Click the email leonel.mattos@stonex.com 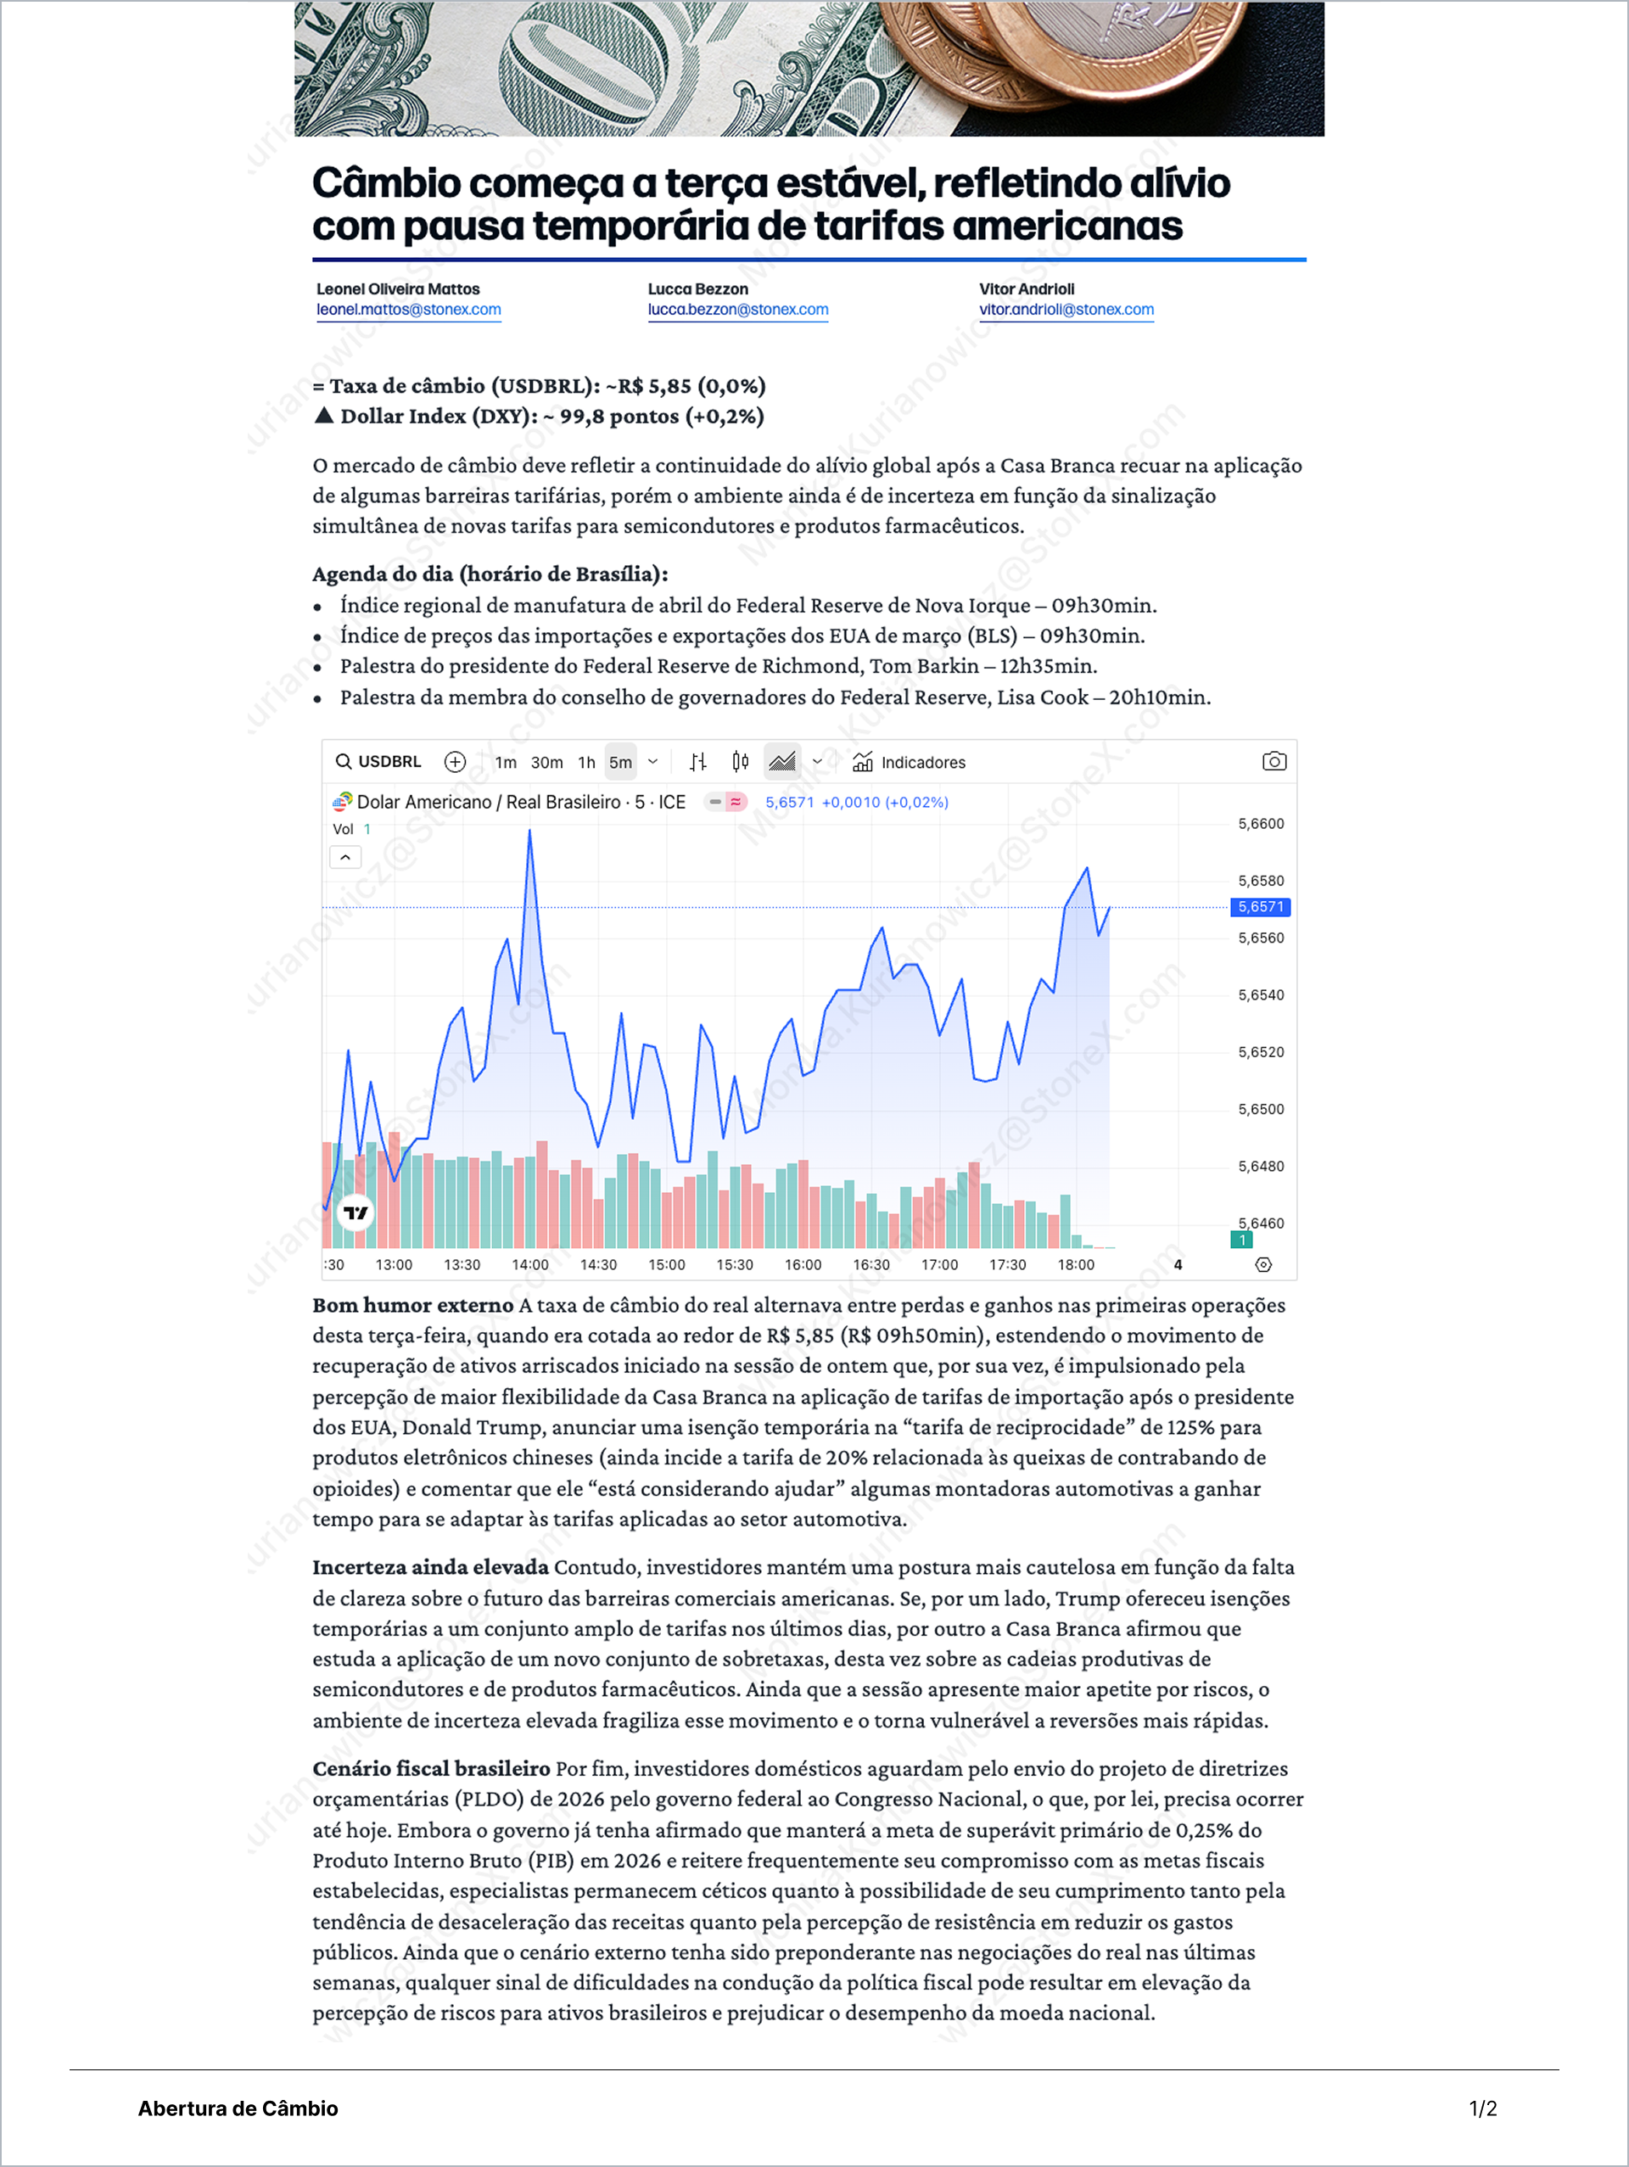pyautogui.click(x=408, y=310)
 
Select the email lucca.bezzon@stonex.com pyautogui.click(x=737, y=310)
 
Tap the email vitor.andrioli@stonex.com pyautogui.click(x=1066, y=310)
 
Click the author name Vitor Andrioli pyautogui.click(x=1026, y=289)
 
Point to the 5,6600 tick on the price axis pyautogui.click(x=1260, y=824)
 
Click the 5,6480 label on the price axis pyautogui.click(x=1260, y=1166)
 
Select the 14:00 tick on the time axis pyautogui.click(x=530, y=1265)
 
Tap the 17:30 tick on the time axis pyautogui.click(x=1007, y=1265)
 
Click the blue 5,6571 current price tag pyautogui.click(x=1260, y=907)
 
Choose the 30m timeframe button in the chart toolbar pyautogui.click(x=546, y=762)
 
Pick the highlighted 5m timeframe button pyautogui.click(x=620, y=762)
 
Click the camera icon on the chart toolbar pyautogui.click(x=1274, y=761)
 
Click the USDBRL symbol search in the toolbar pyautogui.click(x=378, y=761)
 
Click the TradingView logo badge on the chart pyautogui.click(x=355, y=1212)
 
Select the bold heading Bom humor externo pyautogui.click(x=412, y=1305)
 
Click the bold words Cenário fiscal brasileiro pyautogui.click(x=431, y=1768)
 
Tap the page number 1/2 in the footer pyautogui.click(x=1482, y=2108)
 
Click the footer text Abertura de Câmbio pyautogui.click(x=238, y=2108)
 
